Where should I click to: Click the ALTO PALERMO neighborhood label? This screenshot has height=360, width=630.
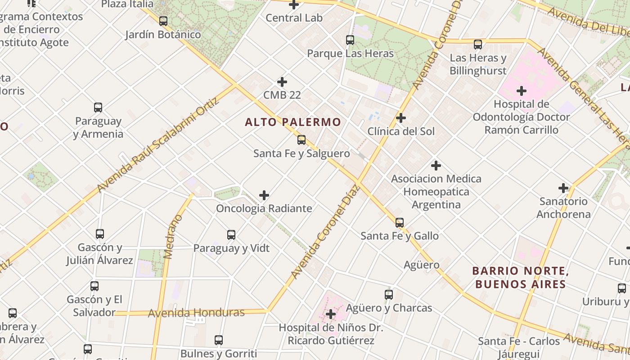293,122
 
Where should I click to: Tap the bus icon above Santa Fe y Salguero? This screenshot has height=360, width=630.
301,140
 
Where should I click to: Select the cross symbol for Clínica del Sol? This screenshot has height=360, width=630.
400,118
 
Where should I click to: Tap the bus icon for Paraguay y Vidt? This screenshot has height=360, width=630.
231,234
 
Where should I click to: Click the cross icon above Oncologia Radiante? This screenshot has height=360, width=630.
264,195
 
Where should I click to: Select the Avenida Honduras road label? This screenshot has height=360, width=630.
196,313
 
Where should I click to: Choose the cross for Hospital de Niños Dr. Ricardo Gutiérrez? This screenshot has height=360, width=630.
331,314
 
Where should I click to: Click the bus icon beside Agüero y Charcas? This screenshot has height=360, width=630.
389,295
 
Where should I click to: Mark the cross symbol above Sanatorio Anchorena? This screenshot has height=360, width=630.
563,188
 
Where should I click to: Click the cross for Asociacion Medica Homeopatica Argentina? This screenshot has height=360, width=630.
436,165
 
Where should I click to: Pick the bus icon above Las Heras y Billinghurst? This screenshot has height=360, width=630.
478,45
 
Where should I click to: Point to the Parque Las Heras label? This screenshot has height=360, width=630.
350,54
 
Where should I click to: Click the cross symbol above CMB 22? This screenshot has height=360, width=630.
282,82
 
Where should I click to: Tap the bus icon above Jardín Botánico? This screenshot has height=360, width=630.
163,21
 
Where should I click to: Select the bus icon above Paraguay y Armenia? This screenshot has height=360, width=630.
98,108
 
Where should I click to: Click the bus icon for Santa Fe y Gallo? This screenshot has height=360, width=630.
400,222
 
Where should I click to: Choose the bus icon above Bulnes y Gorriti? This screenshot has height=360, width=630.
219,340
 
